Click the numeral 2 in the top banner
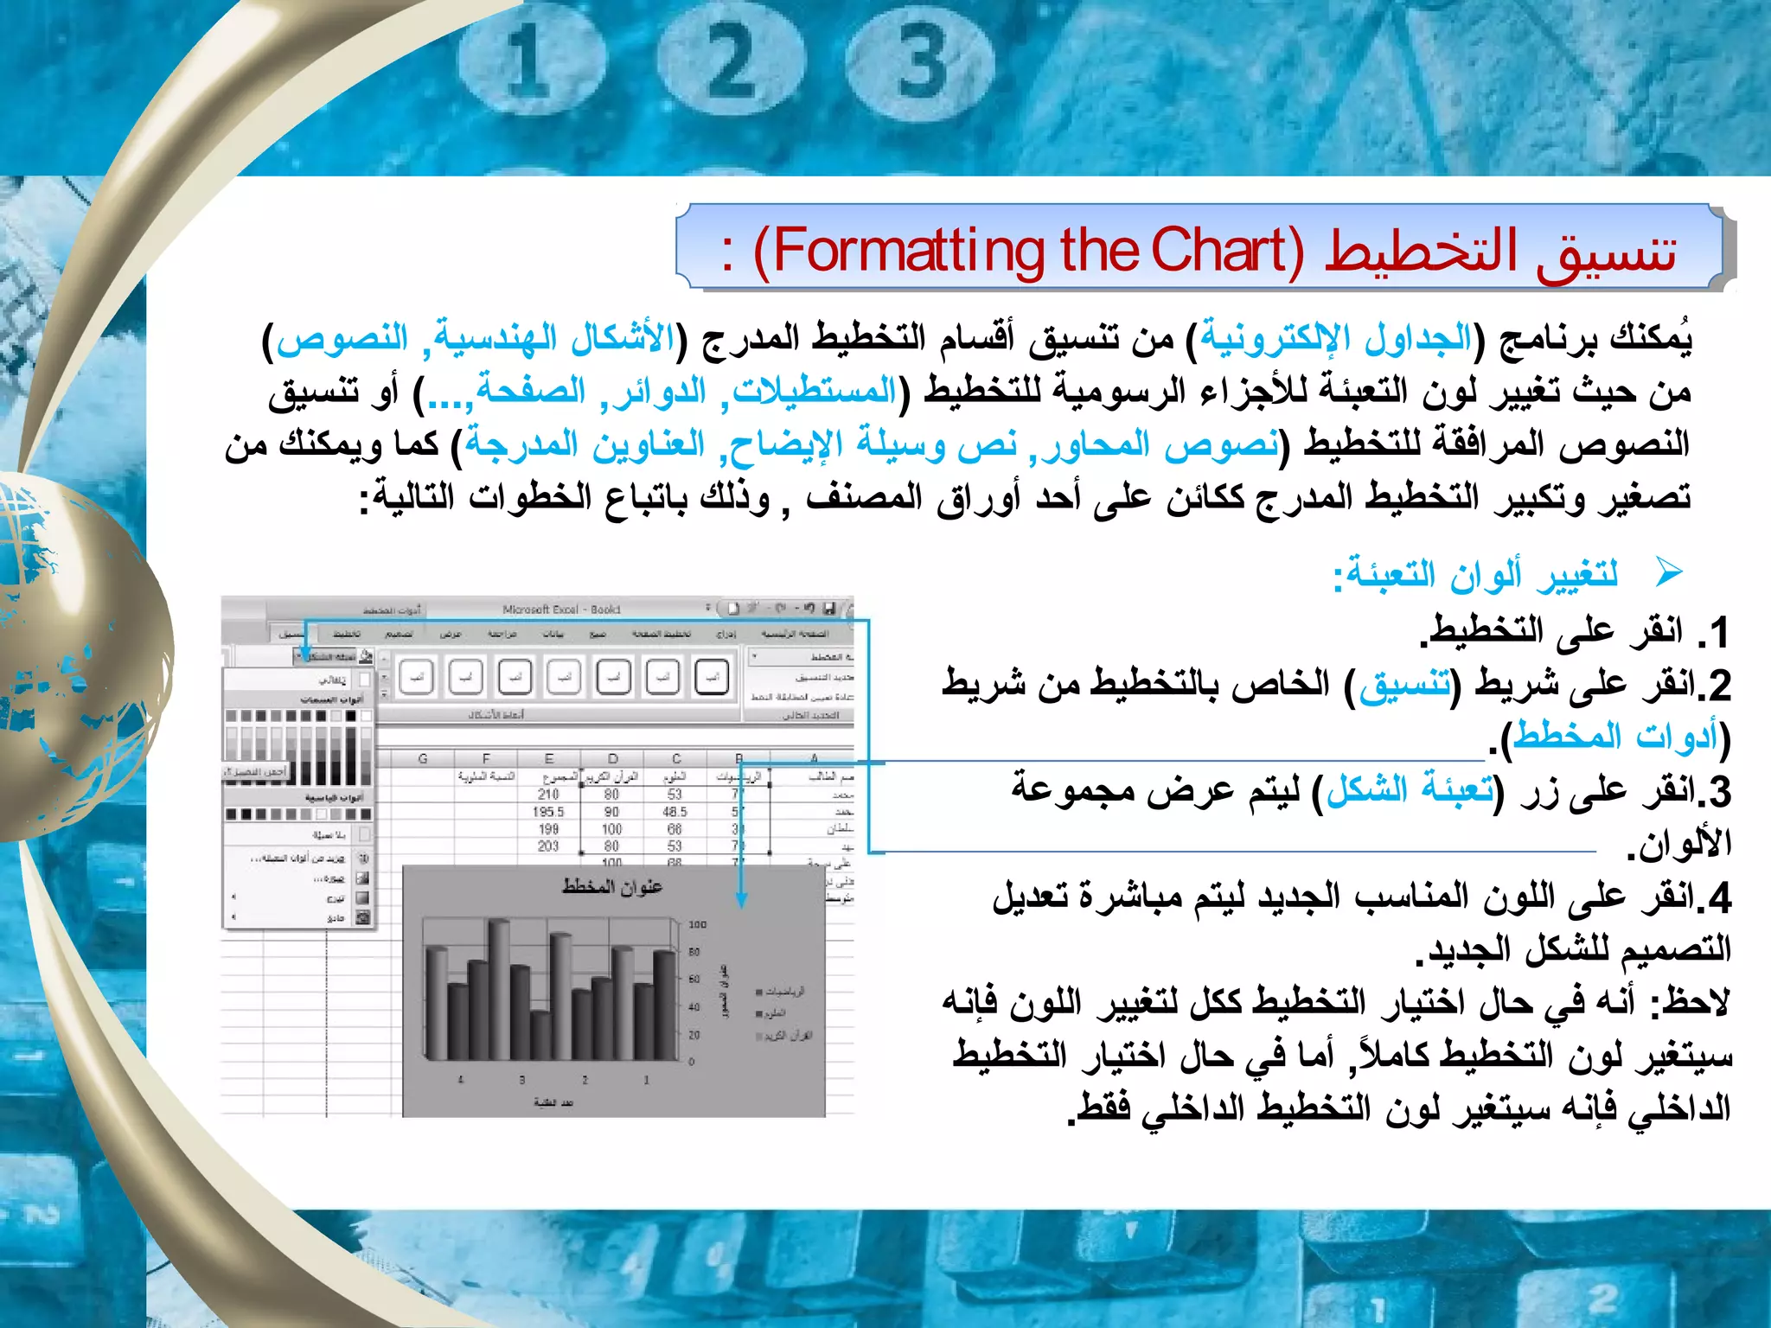(x=732, y=62)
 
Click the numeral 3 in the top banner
(x=920, y=62)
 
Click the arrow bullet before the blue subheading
(x=1668, y=571)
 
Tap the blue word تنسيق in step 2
(x=1405, y=685)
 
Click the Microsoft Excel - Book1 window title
(x=561, y=610)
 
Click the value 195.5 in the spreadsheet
(x=548, y=812)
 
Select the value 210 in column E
(x=548, y=795)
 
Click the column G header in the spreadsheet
(x=423, y=758)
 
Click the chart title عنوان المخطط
(x=612, y=887)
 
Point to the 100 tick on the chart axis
(x=697, y=925)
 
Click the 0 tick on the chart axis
(x=692, y=1062)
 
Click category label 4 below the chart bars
(x=461, y=1080)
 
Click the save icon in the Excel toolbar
(x=828, y=609)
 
